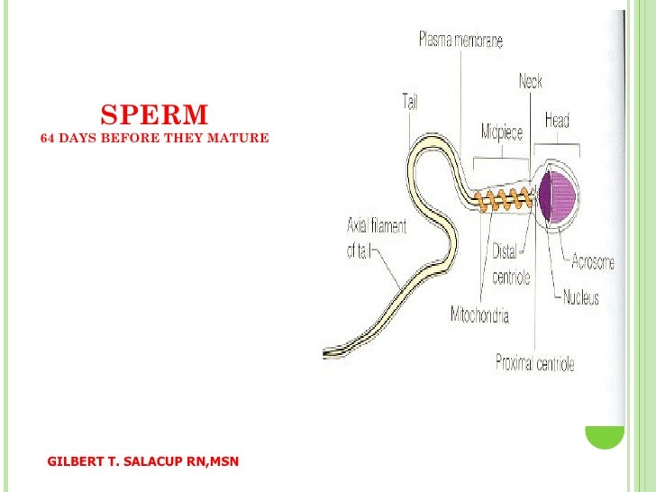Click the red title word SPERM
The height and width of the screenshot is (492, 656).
pos(154,115)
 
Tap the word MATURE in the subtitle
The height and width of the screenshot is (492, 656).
pos(243,140)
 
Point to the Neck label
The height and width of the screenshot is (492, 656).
pos(530,82)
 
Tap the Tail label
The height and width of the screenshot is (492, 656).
pos(409,102)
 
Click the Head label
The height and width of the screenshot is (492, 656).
pos(557,120)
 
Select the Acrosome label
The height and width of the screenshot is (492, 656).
pos(593,262)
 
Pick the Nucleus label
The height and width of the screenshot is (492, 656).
pos(581,297)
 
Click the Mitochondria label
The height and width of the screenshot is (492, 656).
pos(479,315)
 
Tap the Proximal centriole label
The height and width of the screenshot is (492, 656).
pos(534,364)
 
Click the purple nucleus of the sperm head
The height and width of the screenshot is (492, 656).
pos(559,196)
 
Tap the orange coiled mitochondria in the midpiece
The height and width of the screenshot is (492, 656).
pos(504,201)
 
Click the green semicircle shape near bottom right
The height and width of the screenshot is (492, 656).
pos(604,436)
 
